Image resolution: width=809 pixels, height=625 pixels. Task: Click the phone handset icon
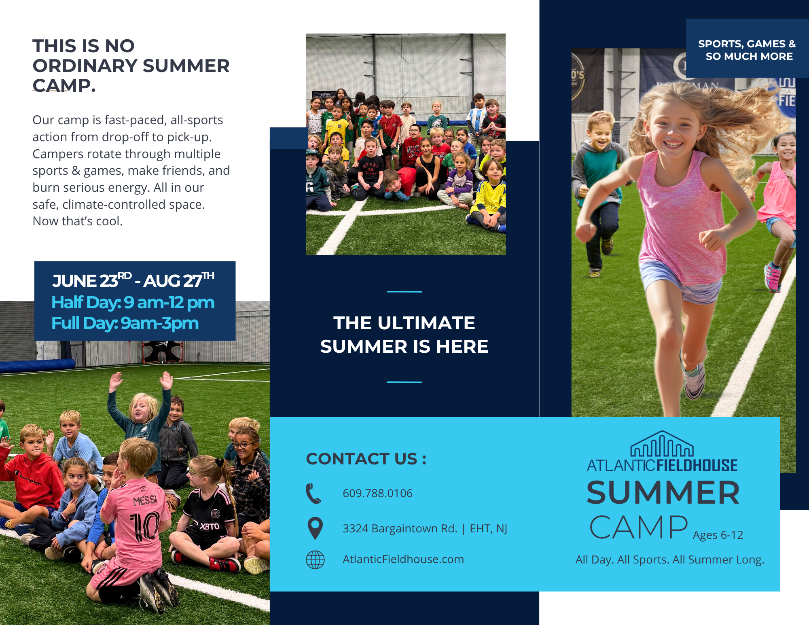click(x=313, y=494)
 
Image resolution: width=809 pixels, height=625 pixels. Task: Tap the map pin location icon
click(x=315, y=528)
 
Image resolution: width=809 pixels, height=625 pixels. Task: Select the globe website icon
click(x=315, y=560)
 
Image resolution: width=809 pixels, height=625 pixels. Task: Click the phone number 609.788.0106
click(x=377, y=493)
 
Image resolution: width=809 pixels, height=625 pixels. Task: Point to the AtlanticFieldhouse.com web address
click(x=403, y=559)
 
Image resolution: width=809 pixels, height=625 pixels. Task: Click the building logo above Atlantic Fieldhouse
click(x=662, y=444)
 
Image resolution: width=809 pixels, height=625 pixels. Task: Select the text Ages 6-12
click(x=718, y=535)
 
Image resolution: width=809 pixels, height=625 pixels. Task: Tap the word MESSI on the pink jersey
click(x=145, y=501)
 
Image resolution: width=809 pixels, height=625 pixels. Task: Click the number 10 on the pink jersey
click(x=144, y=526)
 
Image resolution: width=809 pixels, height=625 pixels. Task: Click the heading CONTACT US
click(x=366, y=459)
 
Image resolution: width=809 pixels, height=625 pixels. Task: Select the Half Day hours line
click(x=133, y=303)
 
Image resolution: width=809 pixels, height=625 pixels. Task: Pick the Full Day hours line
click(x=125, y=323)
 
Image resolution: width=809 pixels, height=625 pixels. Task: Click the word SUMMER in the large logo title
click(x=663, y=493)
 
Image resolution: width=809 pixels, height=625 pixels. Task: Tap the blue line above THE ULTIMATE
click(x=404, y=291)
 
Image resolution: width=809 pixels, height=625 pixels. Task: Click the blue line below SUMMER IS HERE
click(x=404, y=382)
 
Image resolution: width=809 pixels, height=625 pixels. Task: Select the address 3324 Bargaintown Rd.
click(x=400, y=528)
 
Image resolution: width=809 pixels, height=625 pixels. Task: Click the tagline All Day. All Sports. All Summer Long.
click(x=670, y=559)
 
